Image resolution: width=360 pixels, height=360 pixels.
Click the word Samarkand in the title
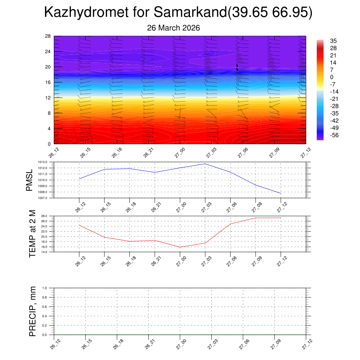click(190, 13)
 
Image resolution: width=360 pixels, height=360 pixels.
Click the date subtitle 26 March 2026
click(173, 28)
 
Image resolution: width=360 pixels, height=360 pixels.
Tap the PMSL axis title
click(30, 180)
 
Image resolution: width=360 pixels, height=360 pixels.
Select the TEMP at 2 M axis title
click(32, 234)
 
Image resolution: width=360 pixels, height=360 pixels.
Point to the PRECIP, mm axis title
click(32, 311)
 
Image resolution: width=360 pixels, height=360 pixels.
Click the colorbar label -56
click(334, 135)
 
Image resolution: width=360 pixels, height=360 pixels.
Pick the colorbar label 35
click(333, 41)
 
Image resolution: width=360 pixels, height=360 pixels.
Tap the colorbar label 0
click(332, 77)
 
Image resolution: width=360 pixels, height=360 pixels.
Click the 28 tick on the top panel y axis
click(48, 36)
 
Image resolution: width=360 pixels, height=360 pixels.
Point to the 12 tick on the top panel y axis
click(48, 98)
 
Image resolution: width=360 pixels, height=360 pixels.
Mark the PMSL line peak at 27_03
click(205, 164)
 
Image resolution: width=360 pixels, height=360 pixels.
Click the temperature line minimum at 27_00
click(180, 247)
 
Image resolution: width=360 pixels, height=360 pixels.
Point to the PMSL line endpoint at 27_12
click(281, 193)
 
